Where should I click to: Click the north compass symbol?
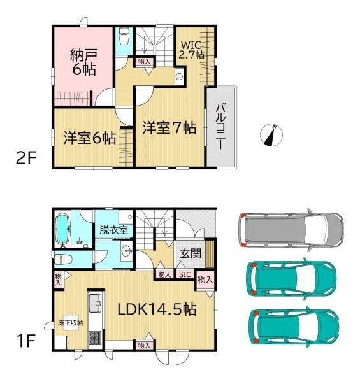coord(271,135)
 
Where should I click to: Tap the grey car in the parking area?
coord(292,230)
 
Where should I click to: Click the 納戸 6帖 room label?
coord(83,62)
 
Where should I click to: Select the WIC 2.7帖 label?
coord(192,50)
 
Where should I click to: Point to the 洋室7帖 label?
coord(169,128)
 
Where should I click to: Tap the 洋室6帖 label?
coord(90,138)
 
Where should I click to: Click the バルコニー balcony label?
coord(221,125)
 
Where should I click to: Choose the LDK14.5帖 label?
coord(157,309)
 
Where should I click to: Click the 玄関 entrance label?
coord(191,254)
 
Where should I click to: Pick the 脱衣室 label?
coord(114,230)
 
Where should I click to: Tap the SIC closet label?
coord(185,274)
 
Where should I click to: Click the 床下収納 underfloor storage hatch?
coord(71,323)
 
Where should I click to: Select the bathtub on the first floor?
coord(62,229)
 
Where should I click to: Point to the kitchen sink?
coord(95,303)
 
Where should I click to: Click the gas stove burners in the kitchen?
coord(95,337)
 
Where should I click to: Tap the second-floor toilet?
coord(124,36)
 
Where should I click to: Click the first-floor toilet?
coord(63,260)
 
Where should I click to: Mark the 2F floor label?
coord(26,158)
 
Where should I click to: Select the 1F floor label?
coord(26,341)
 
